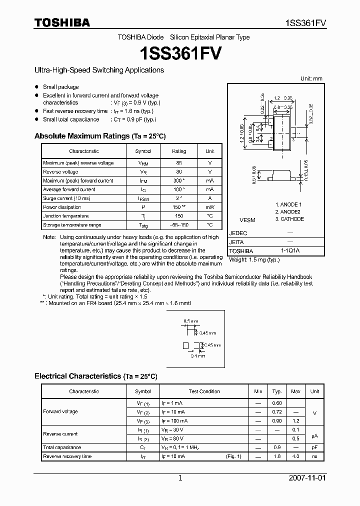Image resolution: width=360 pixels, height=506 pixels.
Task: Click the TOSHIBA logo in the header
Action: pyautogui.click(x=62, y=22)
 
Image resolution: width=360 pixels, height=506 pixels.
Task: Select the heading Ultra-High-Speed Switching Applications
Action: pyautogui.click(x=99, y=70)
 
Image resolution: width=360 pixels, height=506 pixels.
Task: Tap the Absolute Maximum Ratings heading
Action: pyautogui.click(x=99, y=136)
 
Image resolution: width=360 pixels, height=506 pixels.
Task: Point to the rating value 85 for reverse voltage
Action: pyautogui.click(x=178, y=163)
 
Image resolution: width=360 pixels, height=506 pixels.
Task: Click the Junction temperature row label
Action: pyautogui.click(x=65, y=216)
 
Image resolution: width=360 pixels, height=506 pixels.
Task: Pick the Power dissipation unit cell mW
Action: pyautogui.click(x=209, y=207)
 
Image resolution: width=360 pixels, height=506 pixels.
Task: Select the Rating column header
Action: pyautogui.click(x=178, y=151)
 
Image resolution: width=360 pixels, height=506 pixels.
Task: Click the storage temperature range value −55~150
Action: pyautogui.click(x=178, y=225)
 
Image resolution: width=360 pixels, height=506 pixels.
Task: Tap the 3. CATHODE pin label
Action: pyautogui.click(x=289, y=219)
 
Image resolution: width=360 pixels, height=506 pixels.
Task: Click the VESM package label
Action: pyautogui.click(x=247, y=219)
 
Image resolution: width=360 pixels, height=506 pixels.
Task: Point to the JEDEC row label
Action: pyautogui.click(x=238, y=233)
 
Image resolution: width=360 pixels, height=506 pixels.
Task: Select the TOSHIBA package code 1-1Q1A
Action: pyautogui.click(x=290, y=251)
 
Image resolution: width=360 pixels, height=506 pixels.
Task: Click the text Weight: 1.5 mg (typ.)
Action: pyautogui.click(x=254, y=260)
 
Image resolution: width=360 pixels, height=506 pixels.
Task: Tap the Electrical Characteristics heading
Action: pyautogui.click(x=95, y=376)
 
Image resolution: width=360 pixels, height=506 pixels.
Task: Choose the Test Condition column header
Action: pyautogui.click(x=204, y=391)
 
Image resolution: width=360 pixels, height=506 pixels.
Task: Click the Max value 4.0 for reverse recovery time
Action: pyautogui.click(x=295, y=456)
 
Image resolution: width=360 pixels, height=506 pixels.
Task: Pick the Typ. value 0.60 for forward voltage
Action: pyautogui.click(x=276, y=403)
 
